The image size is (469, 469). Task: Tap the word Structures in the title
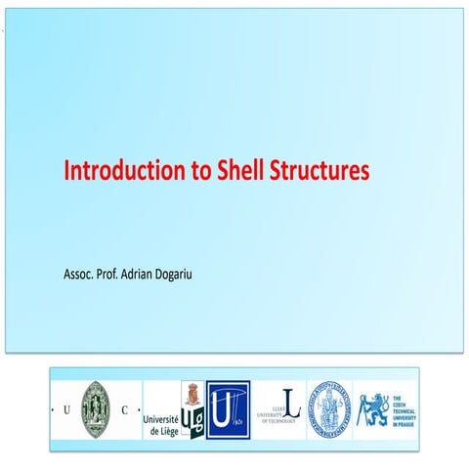tap(321, 171)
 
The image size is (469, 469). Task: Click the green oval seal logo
tap(97, 408)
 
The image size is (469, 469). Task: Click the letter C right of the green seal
tap(123, 410)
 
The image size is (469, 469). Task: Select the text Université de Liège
tap(161, 422)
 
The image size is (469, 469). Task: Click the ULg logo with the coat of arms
tap(192, 408)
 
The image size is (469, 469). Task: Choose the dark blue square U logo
tap(228, 409)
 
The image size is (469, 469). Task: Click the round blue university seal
tap(327, 408)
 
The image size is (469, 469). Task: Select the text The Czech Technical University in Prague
tap(403, 408)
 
